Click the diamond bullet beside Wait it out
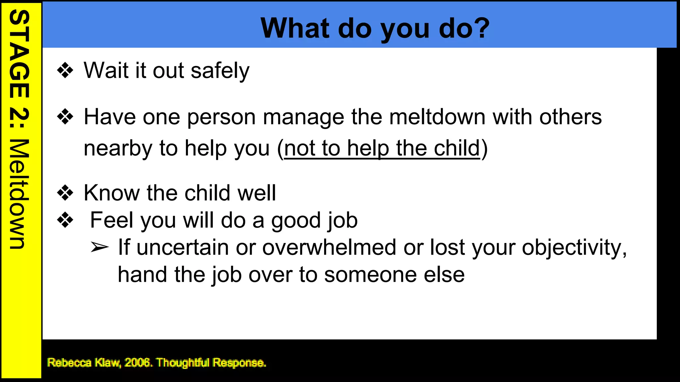(x=65, y=70)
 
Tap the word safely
(x=220, y=71)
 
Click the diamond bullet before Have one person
(x=65, y=117)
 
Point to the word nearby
(x=118, y=148)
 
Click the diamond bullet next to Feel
(x=65, y=220)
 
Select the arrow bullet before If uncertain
(x=99, y=247)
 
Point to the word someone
(x=370, y=275)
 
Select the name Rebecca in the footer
(x=69, y=362)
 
